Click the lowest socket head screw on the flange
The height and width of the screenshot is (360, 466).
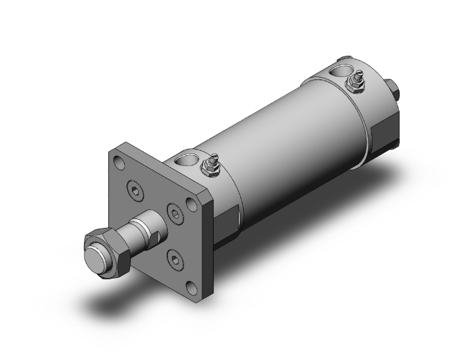(x=173, y=257)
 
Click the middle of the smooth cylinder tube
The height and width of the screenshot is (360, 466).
(x=288, y=138)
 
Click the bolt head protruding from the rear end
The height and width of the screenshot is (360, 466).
(x=394, y=89)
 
